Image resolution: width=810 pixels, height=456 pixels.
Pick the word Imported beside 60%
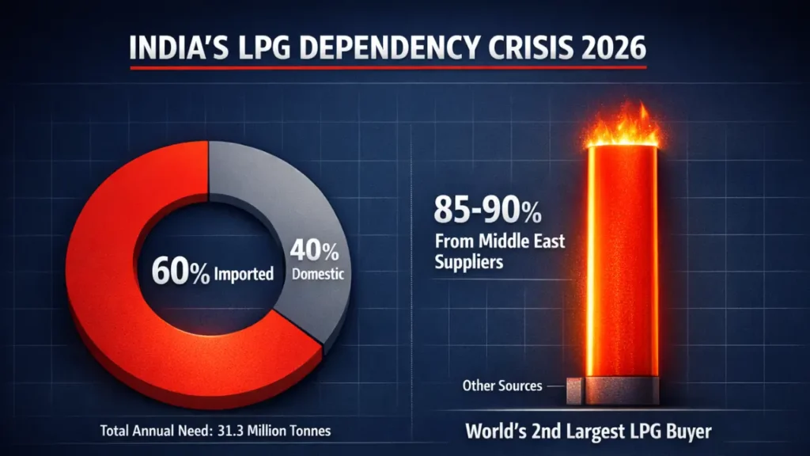coord(244,275)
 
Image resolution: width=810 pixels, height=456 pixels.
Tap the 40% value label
coord(315,253)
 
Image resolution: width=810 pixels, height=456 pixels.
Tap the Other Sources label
coord(502,386)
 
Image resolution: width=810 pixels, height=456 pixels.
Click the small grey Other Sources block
coord(575,387)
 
